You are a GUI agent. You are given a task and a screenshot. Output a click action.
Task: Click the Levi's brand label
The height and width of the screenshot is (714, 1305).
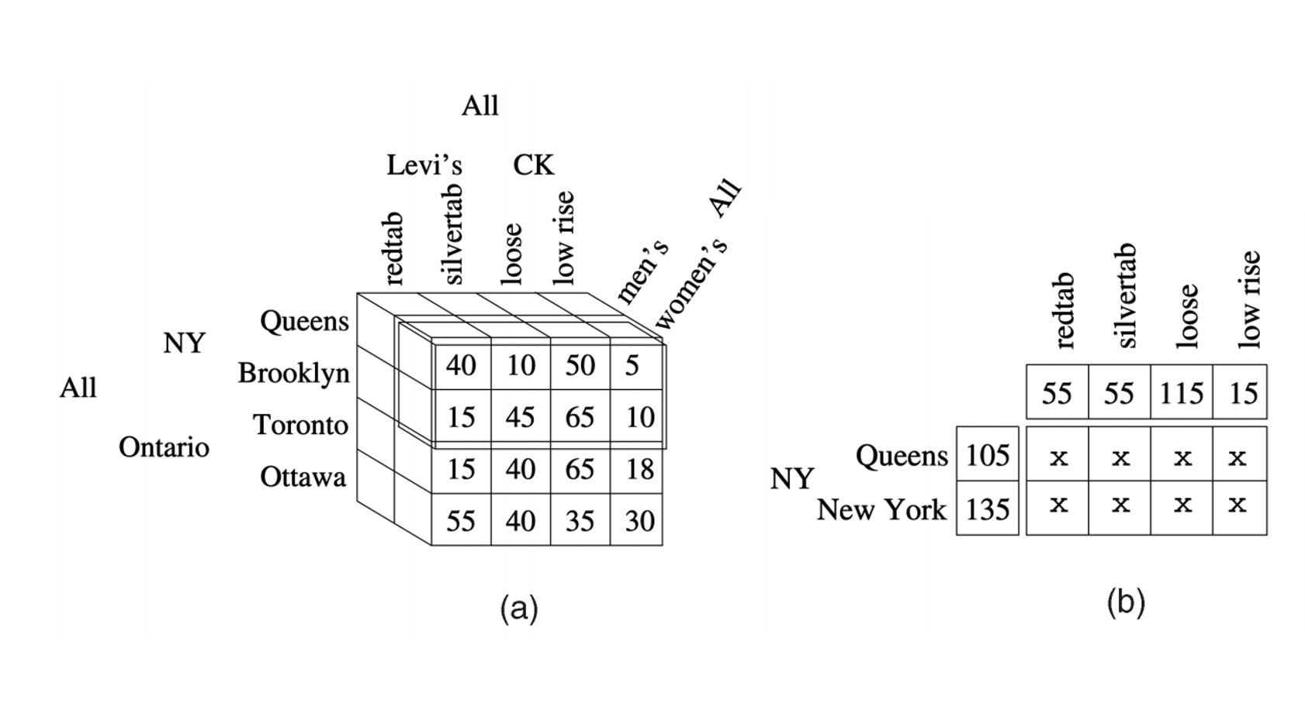(x=424, y=165)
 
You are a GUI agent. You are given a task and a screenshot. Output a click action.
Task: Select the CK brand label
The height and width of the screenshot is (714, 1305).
(x=533, y=165)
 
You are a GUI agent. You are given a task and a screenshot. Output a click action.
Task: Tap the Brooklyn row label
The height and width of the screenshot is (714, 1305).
(x=293, y=374)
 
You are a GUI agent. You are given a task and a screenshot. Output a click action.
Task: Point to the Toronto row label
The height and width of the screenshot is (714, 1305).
(x=300, y=425)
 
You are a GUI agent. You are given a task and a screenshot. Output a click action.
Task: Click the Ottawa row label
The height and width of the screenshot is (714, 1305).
(x=303, y=477)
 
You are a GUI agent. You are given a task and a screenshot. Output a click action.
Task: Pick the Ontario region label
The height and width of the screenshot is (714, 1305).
(x=164, y=447)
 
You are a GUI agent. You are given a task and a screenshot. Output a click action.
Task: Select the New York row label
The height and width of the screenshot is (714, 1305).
(x=881, y=510)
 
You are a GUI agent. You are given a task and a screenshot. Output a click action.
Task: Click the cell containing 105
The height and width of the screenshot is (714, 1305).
(x=987, y=455)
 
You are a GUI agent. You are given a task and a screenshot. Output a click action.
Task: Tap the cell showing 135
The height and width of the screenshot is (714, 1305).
(x=987, y=509)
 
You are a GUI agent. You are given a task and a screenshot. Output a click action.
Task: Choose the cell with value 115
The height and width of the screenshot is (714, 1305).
(x=1181, y=394)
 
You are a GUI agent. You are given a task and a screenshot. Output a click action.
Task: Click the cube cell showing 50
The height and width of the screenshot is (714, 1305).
(x=580, y=366)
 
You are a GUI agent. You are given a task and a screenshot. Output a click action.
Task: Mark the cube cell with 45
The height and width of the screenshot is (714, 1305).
(x=520, y=418)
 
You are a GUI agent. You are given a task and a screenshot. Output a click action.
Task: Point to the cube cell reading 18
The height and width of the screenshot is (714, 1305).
(x=639, y=470)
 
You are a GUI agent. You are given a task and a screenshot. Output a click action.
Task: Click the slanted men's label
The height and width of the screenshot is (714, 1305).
(x=642, y=272)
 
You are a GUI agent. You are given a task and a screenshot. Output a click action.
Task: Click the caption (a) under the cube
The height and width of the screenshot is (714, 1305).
(x=519, y=609)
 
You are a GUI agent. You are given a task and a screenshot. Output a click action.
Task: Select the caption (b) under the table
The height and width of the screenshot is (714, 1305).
(x=1126, y=602)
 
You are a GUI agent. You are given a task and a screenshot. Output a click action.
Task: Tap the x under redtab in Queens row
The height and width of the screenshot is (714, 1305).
(x=1057, y=457)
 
